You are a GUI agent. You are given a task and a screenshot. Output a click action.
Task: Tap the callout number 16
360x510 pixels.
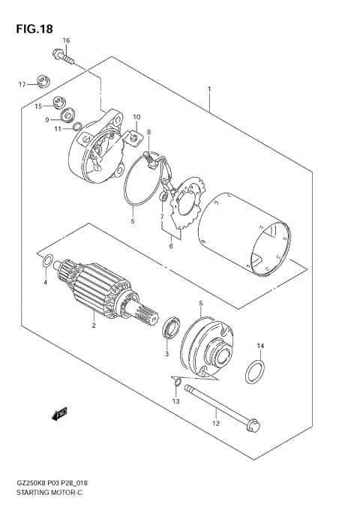pos(66,40)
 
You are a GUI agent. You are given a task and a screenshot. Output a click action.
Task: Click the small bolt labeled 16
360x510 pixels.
pos(62,54)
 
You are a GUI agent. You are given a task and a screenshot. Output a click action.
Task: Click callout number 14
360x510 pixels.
pos(260,346)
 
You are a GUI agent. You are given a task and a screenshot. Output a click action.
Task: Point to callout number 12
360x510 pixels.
pos(216,424)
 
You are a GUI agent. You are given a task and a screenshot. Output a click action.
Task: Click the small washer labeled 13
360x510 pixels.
pos(175,385)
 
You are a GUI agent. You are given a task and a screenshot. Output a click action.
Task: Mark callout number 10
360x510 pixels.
pos(136,118)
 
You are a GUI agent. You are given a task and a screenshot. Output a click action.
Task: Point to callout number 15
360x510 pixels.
pos(38,107)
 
